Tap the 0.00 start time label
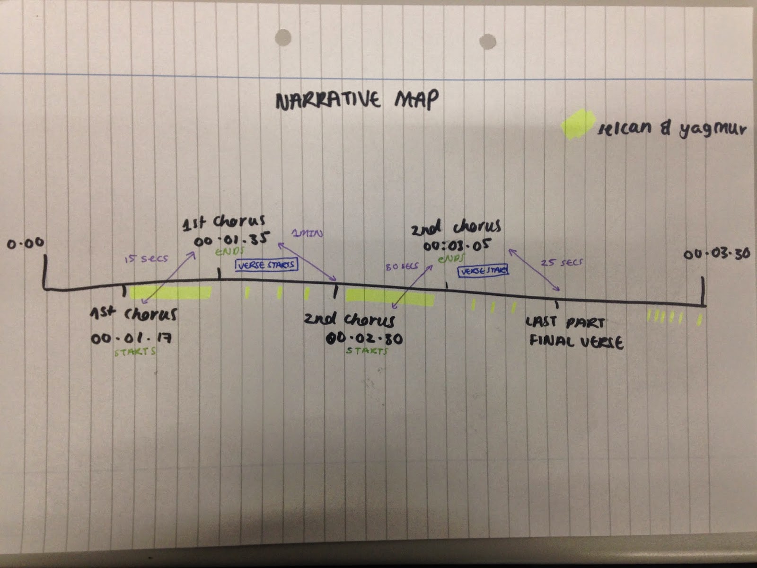click(x=26, y=243)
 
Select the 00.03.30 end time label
click(x=716, y=254)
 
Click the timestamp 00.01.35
click(x=231, y=240)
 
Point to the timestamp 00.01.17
click(x=132, y=338)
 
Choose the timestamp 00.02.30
click(x=364, y=338)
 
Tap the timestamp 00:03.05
click(x=457, y=246)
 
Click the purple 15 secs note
click(x=146, y=259)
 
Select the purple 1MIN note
click(x=307, y=233)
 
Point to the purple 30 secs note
click(x=402, y=266)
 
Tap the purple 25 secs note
click(x=562, y=262)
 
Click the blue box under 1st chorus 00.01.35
click(x=267, y=265)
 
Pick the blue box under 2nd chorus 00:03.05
click(x=483, y=271)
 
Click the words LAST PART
click(x=565, y=323)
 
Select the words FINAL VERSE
click(x=576, y=342)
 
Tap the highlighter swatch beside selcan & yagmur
click(x=577, y=125)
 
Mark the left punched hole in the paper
click(x=283, y=37)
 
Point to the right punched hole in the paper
click(x=487, y=41)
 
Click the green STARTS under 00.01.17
click(x=135, y=352)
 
